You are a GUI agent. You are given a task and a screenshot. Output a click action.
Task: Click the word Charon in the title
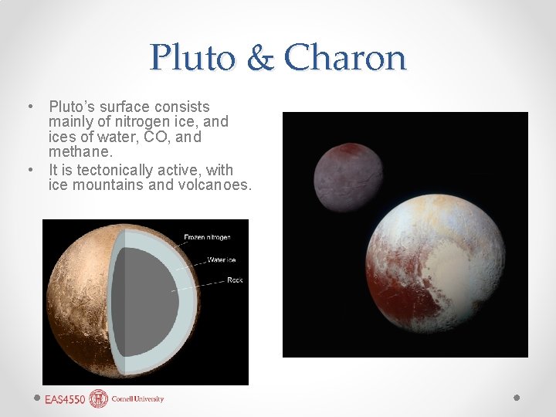tap(344, 58)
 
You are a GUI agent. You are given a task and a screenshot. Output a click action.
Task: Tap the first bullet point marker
tap(29, 106)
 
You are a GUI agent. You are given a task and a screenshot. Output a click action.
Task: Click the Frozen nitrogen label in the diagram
tap(206, 237)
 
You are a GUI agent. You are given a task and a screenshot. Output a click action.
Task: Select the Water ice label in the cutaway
tap(222, 259)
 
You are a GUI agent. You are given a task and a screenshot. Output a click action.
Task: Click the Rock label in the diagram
tap(235, 280)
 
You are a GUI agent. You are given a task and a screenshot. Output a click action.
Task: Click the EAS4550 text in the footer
tap(64, 399)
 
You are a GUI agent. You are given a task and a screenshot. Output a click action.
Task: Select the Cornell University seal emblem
tap(99, 398)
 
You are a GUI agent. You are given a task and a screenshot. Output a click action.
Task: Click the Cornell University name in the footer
tap(137, 399)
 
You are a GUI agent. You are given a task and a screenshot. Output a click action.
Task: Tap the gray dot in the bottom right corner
tap(517, 398)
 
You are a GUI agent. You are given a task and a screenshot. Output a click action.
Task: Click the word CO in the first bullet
tap(166, 137)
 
